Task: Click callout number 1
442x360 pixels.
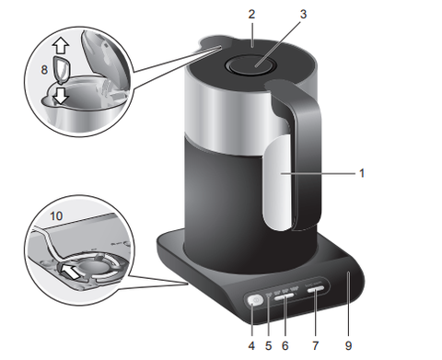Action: pos(362,173)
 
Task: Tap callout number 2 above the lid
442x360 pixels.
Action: pos(251,14)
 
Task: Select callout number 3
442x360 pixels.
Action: pos(303,14)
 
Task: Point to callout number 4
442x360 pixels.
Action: pos(251,346)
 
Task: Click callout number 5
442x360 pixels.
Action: pos(269,346)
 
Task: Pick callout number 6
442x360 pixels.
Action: pos(285,346)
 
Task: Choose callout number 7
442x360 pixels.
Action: pos(316,346)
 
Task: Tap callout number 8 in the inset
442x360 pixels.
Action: pos(44,70)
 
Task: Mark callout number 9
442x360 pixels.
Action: pos(348,346)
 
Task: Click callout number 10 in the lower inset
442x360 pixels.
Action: pos(56,216)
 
